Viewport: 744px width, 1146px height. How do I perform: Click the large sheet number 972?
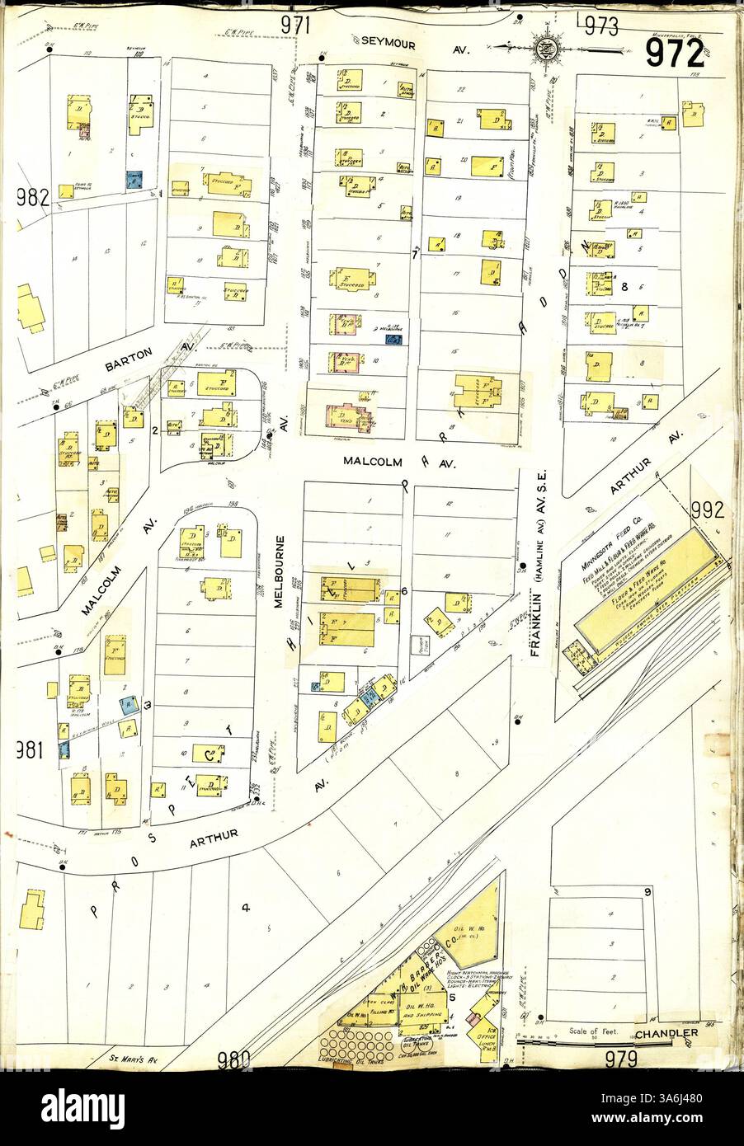pos(675,54)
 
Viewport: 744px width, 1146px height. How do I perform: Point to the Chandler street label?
pos(666,1033)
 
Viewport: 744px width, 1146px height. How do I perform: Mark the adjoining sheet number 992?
pos(707,510)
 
